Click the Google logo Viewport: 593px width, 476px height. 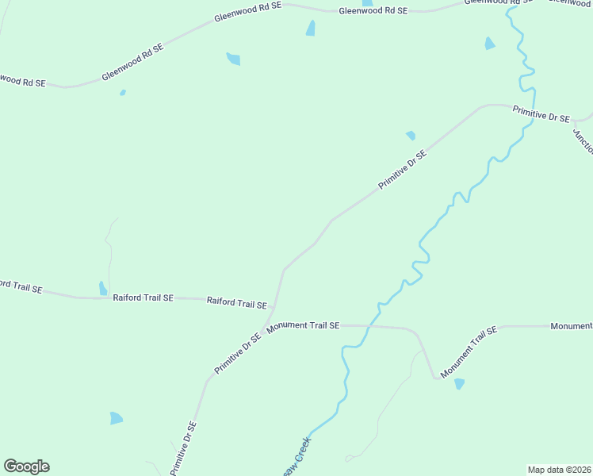[x=26, y=466]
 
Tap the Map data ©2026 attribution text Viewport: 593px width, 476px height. [x=559, y=470]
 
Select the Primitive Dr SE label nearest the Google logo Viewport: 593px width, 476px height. [x=183, y=448]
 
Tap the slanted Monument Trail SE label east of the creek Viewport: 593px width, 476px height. [x=469, y=351]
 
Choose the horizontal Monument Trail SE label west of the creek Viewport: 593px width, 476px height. [x=303, y=326]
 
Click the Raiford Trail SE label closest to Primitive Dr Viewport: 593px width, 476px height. [x=236, y=303]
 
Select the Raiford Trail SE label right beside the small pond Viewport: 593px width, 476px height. [x=143, y=298]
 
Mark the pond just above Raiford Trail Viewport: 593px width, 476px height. [x=102, y=288]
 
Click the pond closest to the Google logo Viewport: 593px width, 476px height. [x=117, y=418]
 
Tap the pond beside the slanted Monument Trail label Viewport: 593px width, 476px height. [x=459, y=384]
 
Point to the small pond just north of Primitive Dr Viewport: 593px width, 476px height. [x=411, y=136]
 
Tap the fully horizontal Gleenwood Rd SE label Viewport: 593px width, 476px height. [x=373, y=11]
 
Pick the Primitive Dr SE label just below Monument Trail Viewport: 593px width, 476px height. [x=238, y=353]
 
